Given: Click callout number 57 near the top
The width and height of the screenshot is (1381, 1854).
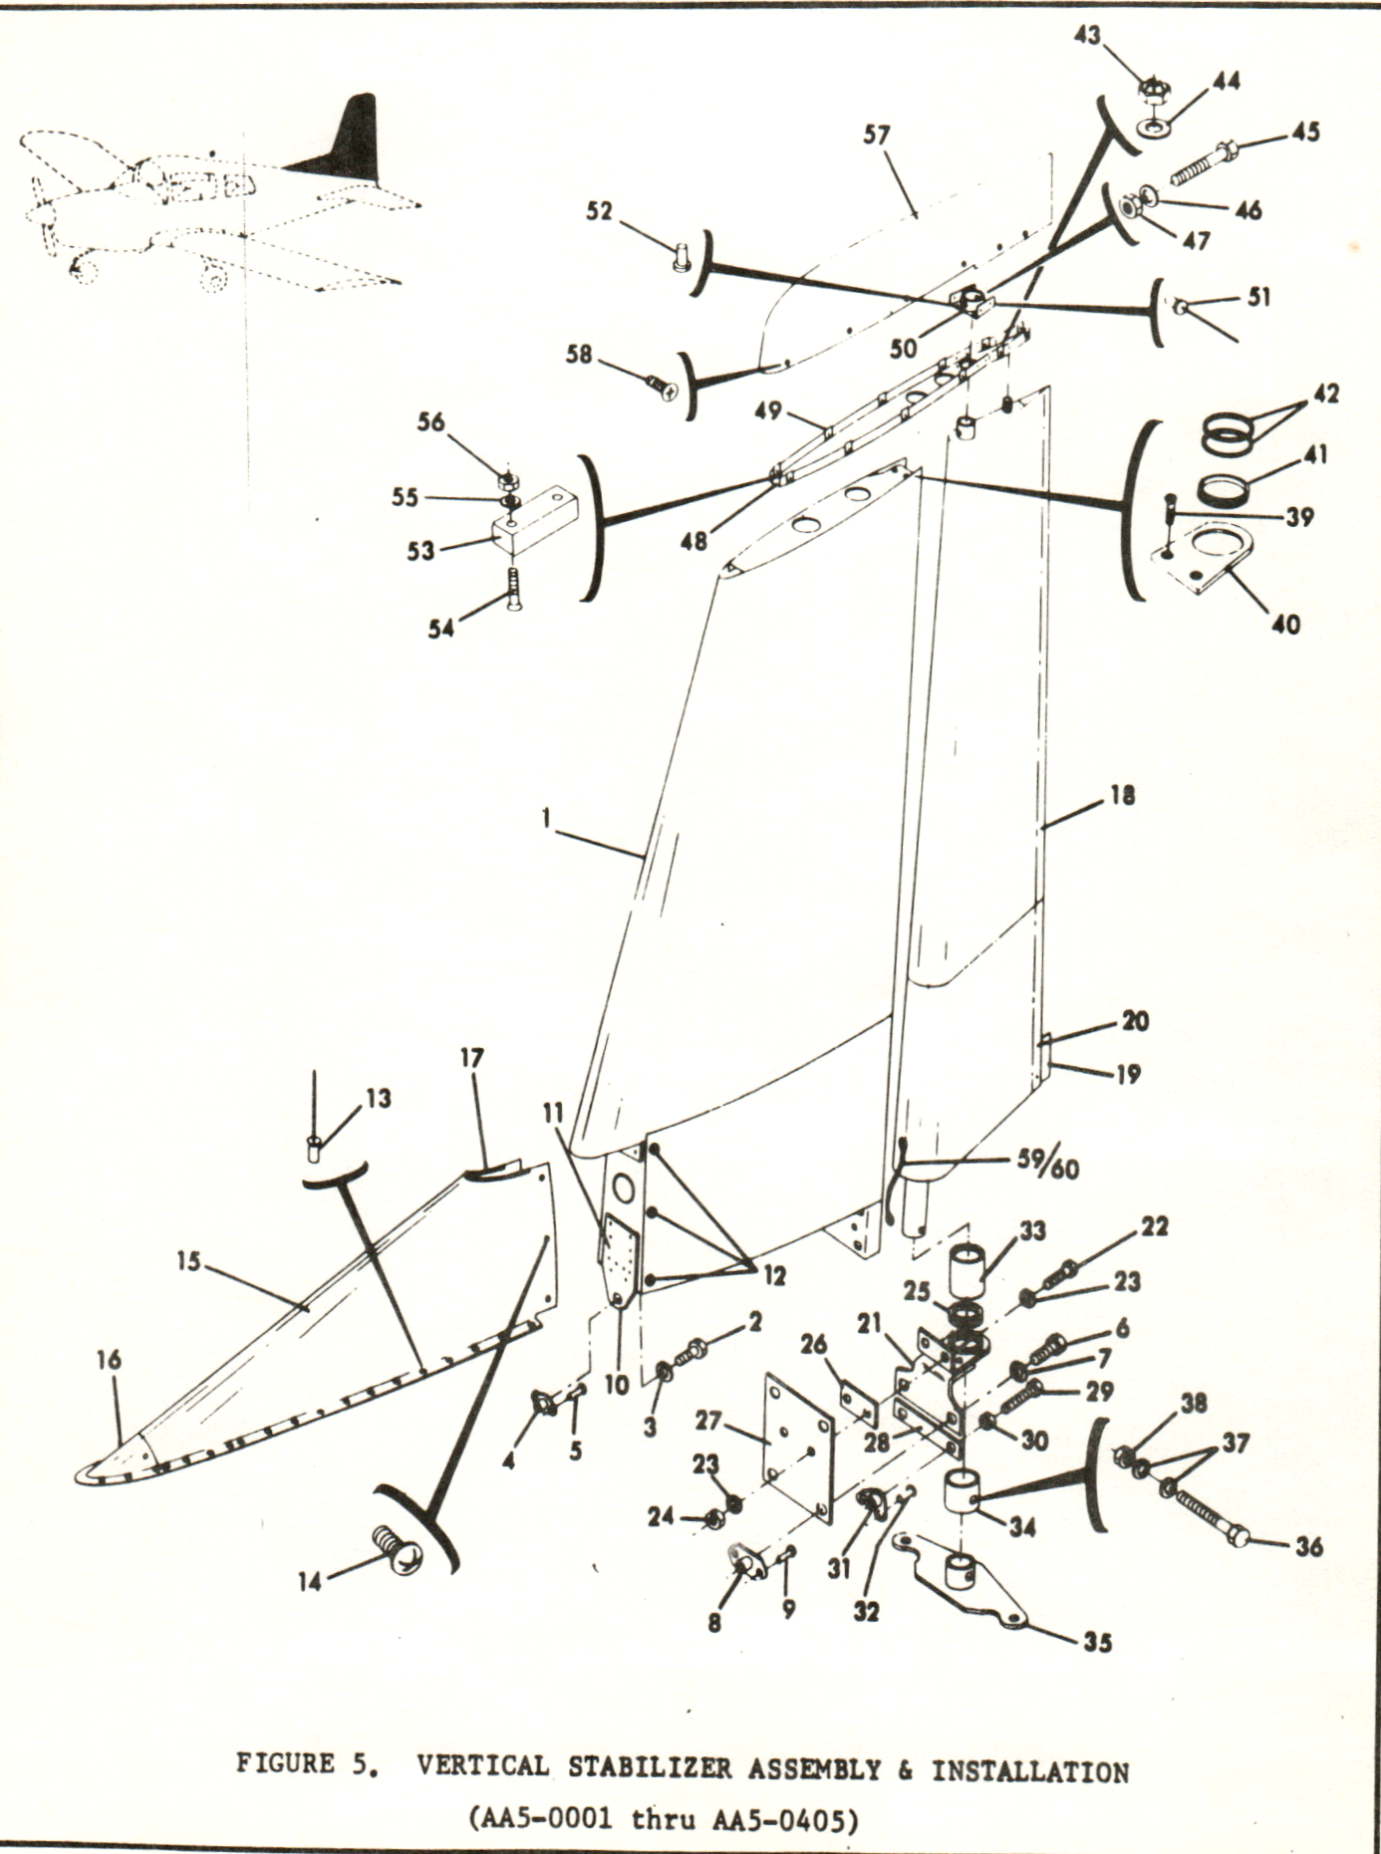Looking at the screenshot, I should click(x=876, y=135).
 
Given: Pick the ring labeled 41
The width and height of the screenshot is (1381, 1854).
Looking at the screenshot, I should click(x=1226, y=489).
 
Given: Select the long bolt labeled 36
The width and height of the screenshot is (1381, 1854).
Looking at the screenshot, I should click(x=1211, y=1518).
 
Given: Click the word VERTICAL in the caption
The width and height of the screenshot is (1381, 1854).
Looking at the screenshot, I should click(x=482, y=1767).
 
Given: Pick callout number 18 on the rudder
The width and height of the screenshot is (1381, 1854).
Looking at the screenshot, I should click(x=1121, y=796).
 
